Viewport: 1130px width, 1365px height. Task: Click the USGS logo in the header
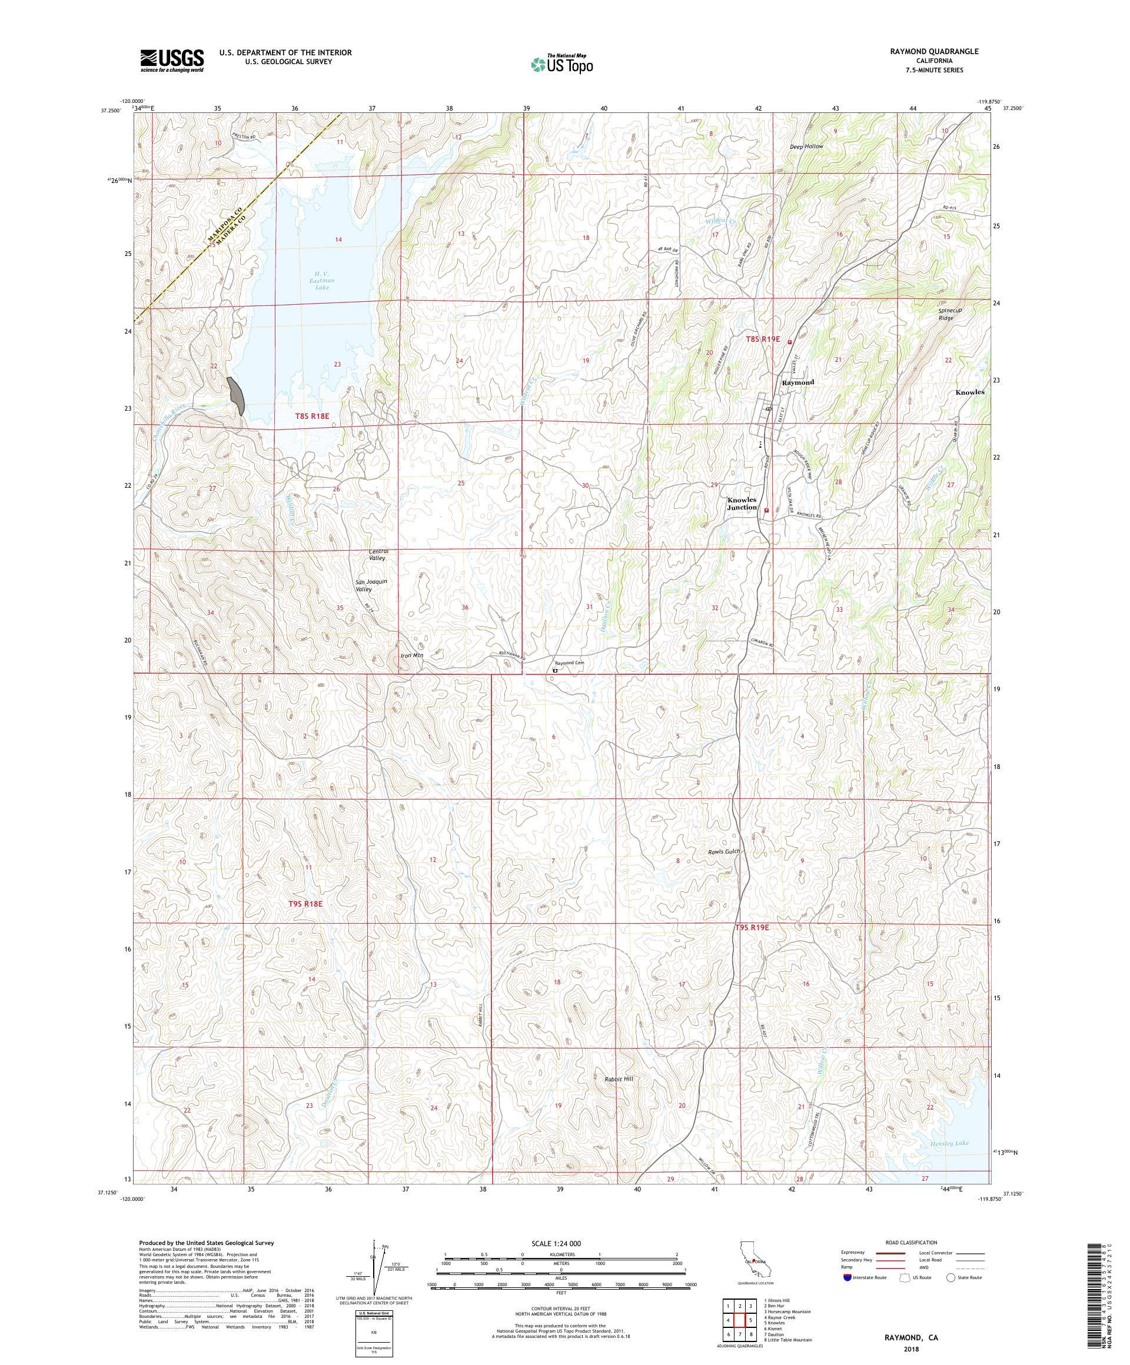point(172,61)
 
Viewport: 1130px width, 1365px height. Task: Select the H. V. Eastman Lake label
point(323,281)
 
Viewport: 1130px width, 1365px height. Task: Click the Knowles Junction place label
point(742,503)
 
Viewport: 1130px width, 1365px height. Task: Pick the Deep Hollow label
point(806,147)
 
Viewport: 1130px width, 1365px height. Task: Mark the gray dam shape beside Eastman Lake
point(235,395)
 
